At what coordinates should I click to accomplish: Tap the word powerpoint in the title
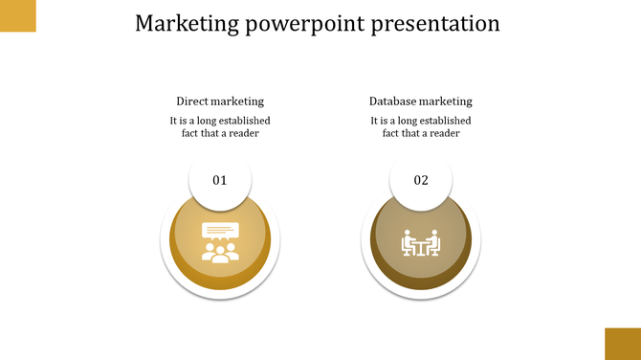pyautogui.click(x=303, y=24)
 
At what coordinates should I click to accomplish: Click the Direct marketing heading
pyautogui.click(x=220, y=101)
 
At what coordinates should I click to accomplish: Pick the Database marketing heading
pyautogui.click(x=421, y=101)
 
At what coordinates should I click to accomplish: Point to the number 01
pyautogui.click(x=220, y=180)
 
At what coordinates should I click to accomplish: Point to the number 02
pyautogui.click(x=421, y=180)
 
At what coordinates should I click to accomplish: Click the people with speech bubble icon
pyautogui.click(x=220, y=242)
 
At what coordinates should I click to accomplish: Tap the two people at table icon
pyautogui.click(x=421, y=243)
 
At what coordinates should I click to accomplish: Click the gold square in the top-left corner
pyautogui.click(x=17, y=15)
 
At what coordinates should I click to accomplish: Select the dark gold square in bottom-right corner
pyautogui.click(x=623, y=344)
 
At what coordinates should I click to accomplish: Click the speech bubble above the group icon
pyautogui.click(x=220, y=231)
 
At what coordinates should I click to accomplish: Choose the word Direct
pyautogui.click(x=192, y=101)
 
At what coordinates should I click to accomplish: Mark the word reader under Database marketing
pyautogui.click(x=444, y=133)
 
